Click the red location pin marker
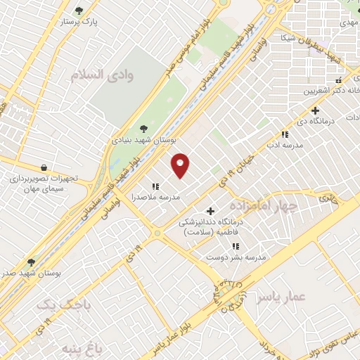click(181, 164)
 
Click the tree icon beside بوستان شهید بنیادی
click(144, 128)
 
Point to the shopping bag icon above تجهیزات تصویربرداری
click(45, 168)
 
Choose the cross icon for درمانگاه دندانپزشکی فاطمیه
click(210, 211)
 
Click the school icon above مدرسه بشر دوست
click(236, 246)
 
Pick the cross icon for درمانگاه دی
click(315, 110)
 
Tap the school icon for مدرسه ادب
click(285, 134)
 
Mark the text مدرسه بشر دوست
click(236, 258)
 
